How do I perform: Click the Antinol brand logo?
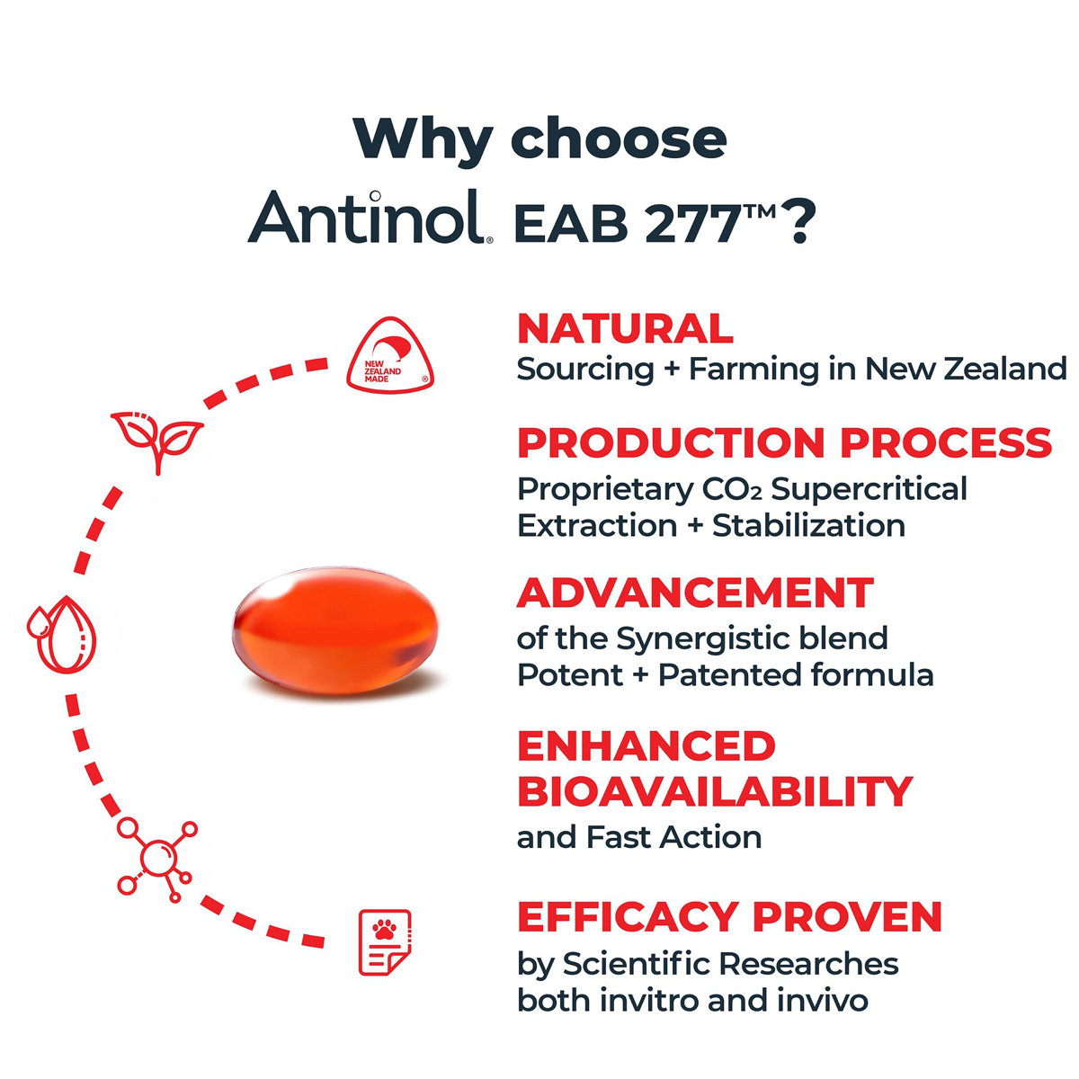point(370,217)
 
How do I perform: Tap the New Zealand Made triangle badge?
point(390,354)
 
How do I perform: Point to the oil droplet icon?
point(62,635)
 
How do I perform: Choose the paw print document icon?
point(385,942)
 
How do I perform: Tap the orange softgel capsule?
point(335,630)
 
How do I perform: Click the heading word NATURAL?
point(625,329)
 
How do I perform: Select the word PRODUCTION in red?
point(671,443)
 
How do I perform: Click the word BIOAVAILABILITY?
point(715,792)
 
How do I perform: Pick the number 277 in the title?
point(694,224)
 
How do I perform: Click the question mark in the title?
point(800,222)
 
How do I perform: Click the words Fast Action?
point(674,838)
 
